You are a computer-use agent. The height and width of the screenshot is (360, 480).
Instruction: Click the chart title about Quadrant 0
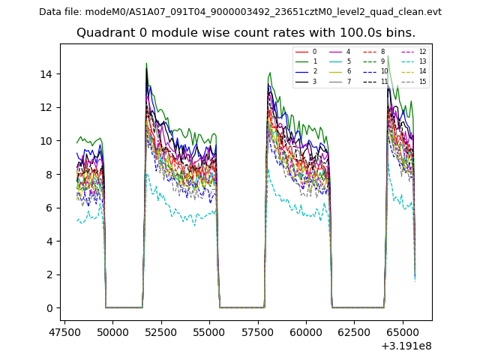(x=245, y=33)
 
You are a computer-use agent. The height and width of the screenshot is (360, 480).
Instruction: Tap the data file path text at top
(x=240, y=12)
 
